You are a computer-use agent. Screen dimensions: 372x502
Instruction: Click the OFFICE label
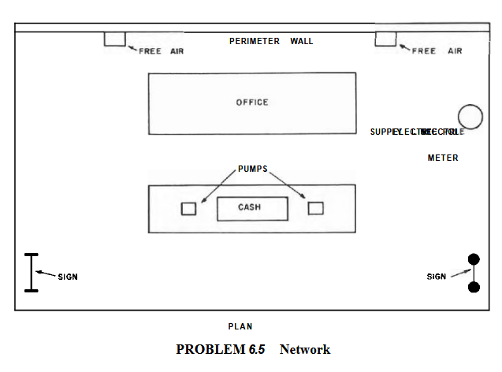[252, 102]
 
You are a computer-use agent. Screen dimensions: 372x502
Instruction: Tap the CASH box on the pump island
[252, 208]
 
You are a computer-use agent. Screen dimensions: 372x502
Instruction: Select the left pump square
[188, 209]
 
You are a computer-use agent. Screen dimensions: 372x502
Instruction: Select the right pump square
[315, 208]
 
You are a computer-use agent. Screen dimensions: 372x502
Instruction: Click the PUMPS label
[252, 169]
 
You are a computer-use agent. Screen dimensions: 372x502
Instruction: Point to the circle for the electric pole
[470, 117]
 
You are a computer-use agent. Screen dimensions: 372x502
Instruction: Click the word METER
[443, 158]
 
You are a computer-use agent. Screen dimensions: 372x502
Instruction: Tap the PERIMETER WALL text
[271, 41]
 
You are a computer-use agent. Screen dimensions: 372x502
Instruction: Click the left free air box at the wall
[114, 39]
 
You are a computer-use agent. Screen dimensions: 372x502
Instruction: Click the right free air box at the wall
[385, 39]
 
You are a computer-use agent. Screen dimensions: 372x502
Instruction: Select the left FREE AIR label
[161, 51]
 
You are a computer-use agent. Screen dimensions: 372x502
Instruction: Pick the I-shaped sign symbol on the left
[31, 273]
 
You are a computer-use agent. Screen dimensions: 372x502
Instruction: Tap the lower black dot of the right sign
[474, 287]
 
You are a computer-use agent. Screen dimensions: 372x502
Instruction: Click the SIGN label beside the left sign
[68, 277]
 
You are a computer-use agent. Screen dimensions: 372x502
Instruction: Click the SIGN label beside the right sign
[437, 277]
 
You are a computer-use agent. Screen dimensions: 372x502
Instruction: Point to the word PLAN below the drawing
[240, 325]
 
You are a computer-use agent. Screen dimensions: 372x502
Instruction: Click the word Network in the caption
[304, 349]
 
